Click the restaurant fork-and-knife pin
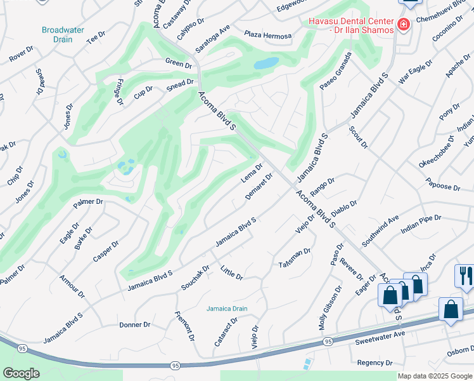coord(464,276)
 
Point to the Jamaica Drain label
coord(226,309)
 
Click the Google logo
coord(21,373)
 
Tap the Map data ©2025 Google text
coord(435,376)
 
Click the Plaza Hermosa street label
coord(267,36)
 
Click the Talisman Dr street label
coord(295,257)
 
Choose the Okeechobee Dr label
coord(437,152)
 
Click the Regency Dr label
coord(375,363)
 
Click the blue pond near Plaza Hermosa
coord(266,63)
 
